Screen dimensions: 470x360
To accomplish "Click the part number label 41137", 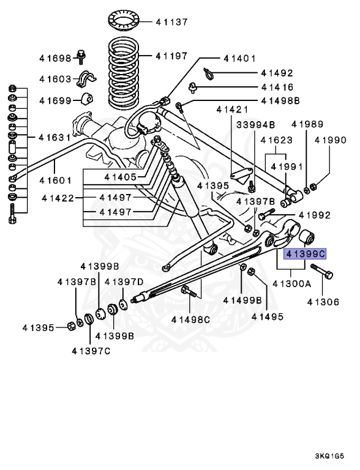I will pos(171,22).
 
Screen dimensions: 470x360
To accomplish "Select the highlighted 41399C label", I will pos(305,253).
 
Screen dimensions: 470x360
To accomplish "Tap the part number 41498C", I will pos(190,319).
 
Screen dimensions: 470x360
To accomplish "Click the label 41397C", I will pos(91,351).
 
